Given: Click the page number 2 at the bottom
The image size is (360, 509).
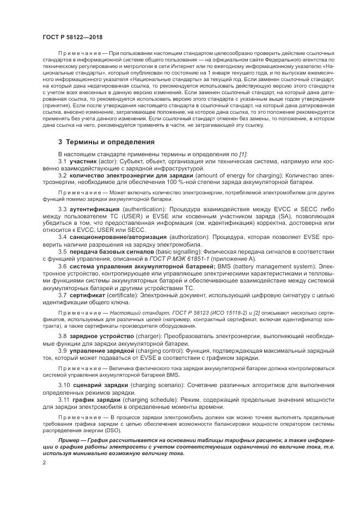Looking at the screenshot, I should [x=44, y=462].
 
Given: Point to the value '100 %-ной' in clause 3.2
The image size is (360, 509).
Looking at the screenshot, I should [x=154, y=183].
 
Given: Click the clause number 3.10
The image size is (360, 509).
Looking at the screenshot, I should [x=64, y=385].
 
